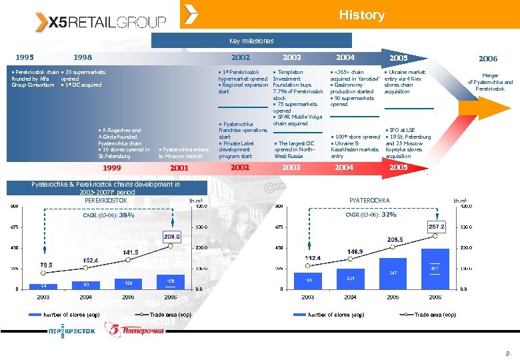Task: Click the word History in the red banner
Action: click(361, 15)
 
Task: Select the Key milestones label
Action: click(251, 41)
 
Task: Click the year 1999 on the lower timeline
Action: click(111, 168)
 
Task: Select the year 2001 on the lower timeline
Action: click(180, 168)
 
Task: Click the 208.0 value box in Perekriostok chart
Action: click(171, 237)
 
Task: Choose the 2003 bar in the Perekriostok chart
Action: click(43, 286)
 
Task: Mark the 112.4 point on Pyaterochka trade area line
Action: click(311, 258)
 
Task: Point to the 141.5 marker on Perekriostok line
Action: click(129, 253)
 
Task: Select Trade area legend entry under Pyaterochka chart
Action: click(436, 315)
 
